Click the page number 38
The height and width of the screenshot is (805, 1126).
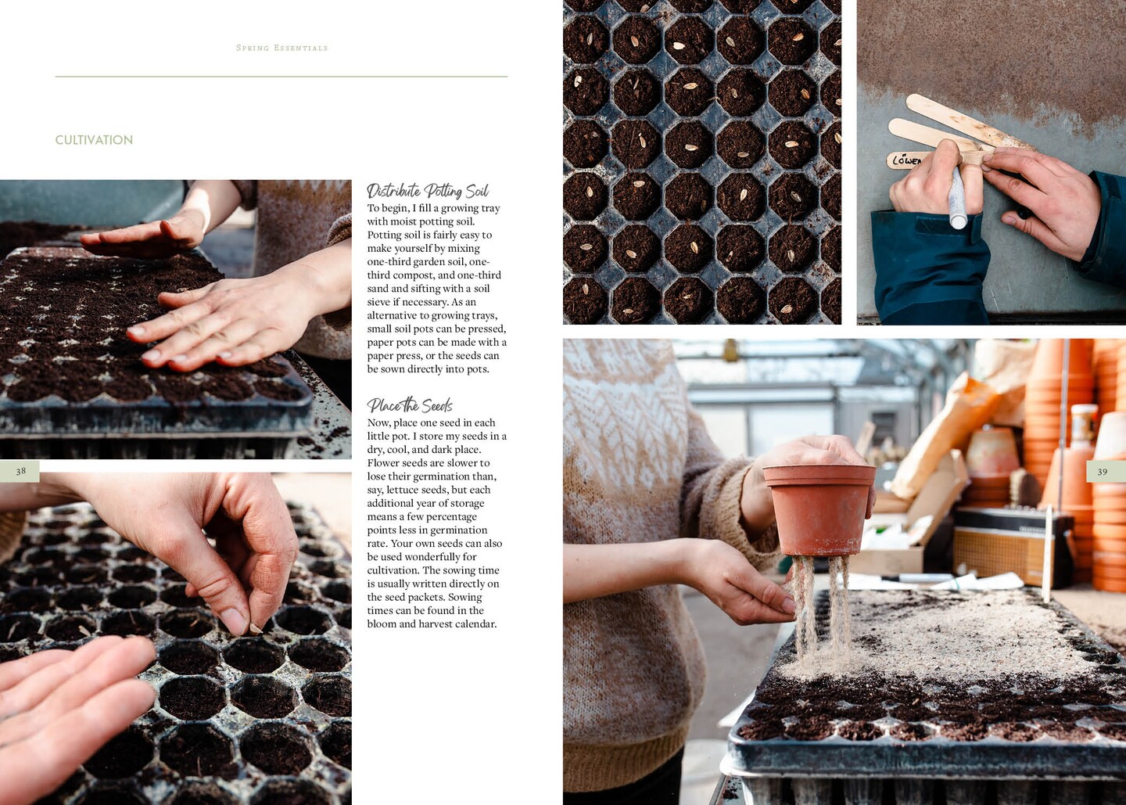pos(20,471)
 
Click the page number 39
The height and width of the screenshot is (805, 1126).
pos(1103,472)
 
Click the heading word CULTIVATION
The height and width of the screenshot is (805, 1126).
pos(94,140)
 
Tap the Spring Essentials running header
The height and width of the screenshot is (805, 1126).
pos(282,49)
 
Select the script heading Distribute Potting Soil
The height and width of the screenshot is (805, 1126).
pos(428,191)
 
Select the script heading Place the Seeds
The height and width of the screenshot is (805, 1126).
pos(410,404)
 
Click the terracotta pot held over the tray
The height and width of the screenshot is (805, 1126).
pos(819,509)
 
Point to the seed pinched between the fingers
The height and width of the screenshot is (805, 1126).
pos(256,628)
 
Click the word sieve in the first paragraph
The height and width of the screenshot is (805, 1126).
pos(378,302)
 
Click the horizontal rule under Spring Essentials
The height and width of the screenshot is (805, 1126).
pos(281,77)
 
